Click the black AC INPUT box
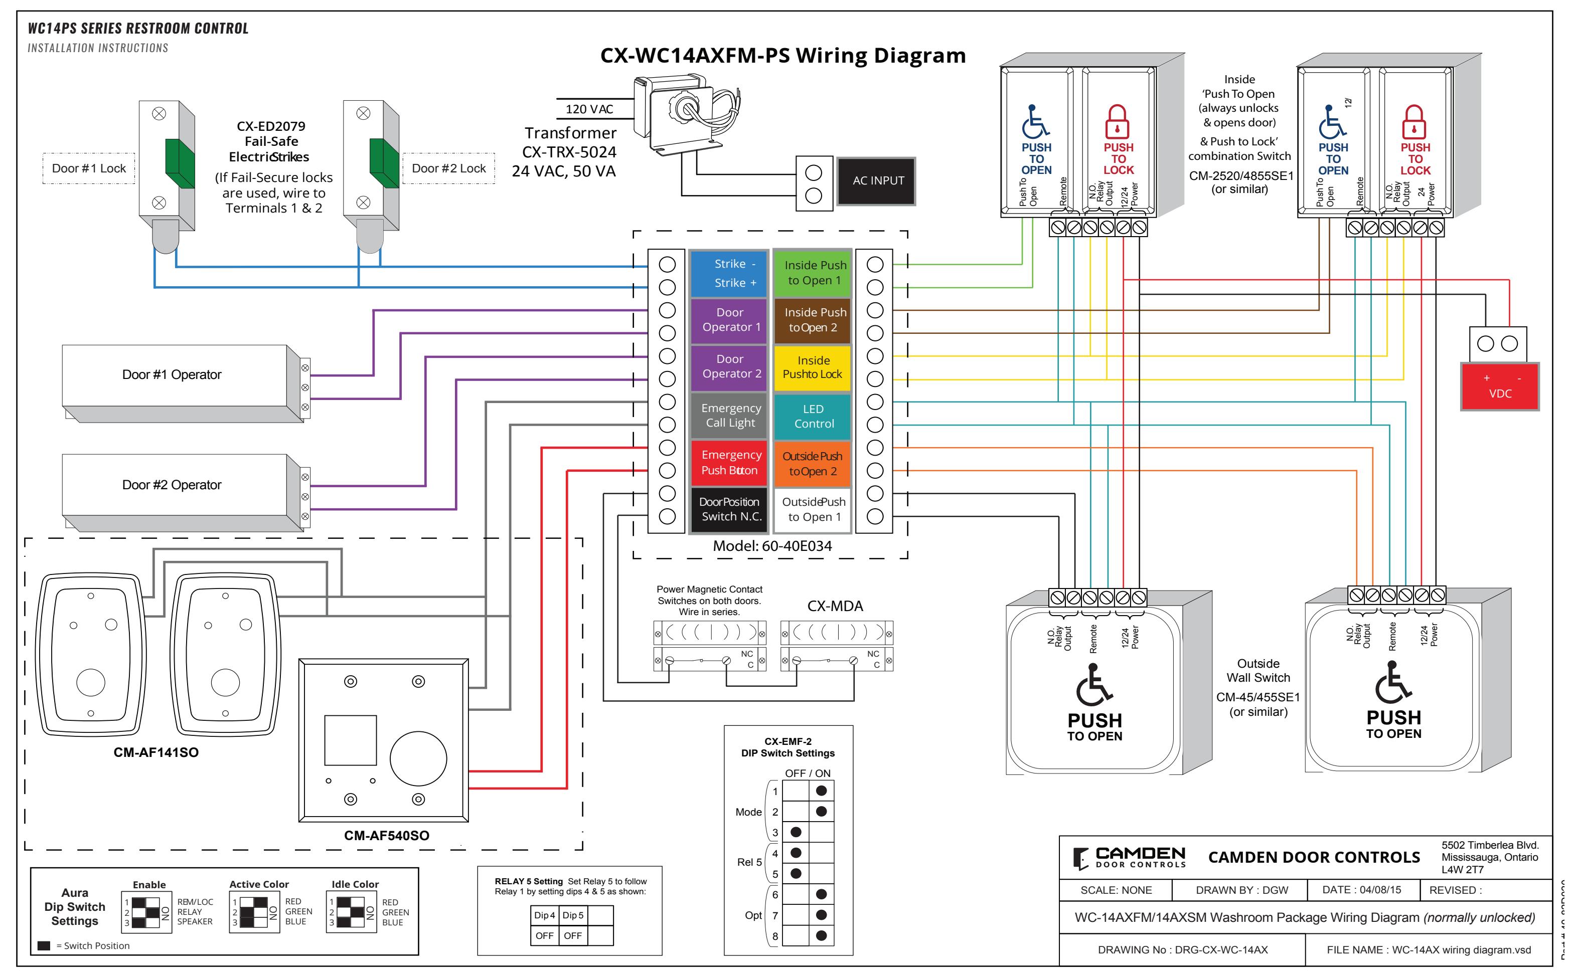pyautogui.click(x=876, y=181)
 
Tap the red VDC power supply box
pyautogui.click(x=1500, y=386)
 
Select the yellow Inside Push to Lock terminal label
pyautogui.click(x=812, y=367)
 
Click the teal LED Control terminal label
pyautogui.click(x=812, y=416)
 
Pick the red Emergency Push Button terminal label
pyautogui.click(x=729, y=463)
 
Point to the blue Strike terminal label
pyautogui.click(x=729, y=273)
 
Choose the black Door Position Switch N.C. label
pyautogui.click(x=729, y=510)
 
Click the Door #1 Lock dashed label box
pyautogui.click(x=89, y=168)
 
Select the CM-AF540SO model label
pyautogui.click(x=387, y=836)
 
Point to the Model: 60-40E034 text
pyautogui.click(x=772, y=546)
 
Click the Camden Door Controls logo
pyautogui.click(x=1129, y=858)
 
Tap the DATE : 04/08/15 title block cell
pyautogui.click(x=1362, y=890)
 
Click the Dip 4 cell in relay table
pyautogui.click(x=544, y=916)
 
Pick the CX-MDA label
pyautogui.click(x=835, y=606)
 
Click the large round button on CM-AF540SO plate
pyautogui.click(x=418, y=759)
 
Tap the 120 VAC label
pyautogui.click(x=589, y=109)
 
